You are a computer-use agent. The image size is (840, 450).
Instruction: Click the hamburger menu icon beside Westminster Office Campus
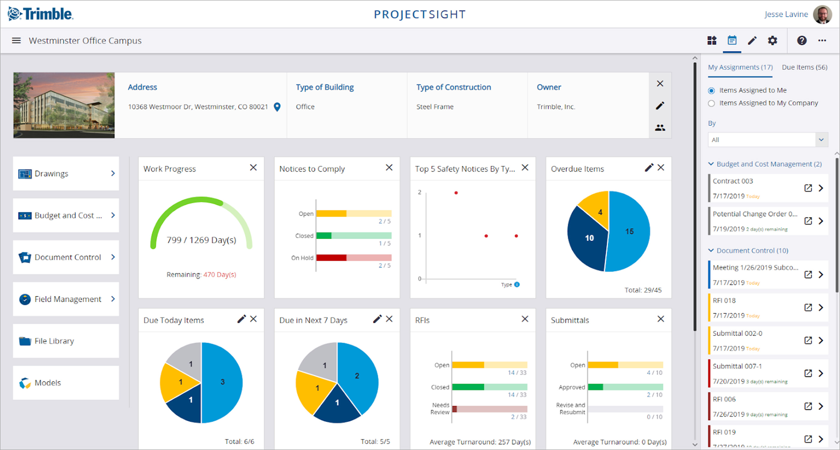pos(16,40)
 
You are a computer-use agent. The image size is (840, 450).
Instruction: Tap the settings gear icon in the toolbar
pos(772,40)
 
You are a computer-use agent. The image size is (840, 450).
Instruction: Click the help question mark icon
pos(802,40)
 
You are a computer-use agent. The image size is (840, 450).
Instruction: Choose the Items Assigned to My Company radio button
pos(712,103)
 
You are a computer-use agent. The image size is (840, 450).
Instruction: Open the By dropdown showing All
pos(768,140)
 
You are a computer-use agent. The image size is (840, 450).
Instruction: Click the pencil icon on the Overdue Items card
pos(649,168)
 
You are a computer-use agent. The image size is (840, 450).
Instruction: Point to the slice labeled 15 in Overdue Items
pos(629,232)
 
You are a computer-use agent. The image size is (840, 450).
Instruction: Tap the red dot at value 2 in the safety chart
pos(456,193)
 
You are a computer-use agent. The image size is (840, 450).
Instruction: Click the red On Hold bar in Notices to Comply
pos(331,258)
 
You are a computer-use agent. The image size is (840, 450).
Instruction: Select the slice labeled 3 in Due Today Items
pos(222,382)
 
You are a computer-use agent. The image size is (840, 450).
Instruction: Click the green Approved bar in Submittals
pos(595,387)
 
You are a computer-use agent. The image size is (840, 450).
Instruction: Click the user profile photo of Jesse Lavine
pos(822,14)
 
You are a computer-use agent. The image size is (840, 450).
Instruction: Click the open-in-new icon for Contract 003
pos(808,188)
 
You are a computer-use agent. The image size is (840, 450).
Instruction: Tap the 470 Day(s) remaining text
pos(220,274)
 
